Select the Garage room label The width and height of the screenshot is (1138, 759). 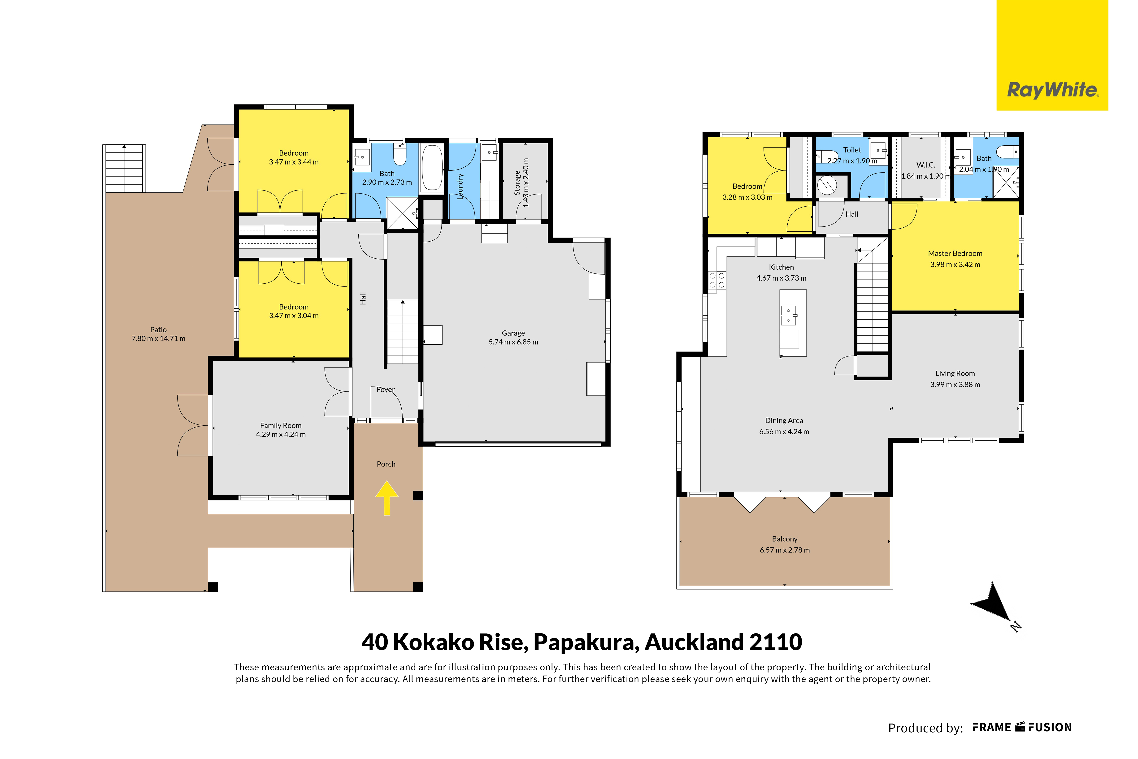pos(513,333)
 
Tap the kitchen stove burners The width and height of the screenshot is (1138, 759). pos(717,280)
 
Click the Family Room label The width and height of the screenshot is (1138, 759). pos(281,425)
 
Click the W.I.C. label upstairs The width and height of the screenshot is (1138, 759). pos(925,165)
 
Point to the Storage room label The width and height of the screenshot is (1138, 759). pos(517,182)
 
